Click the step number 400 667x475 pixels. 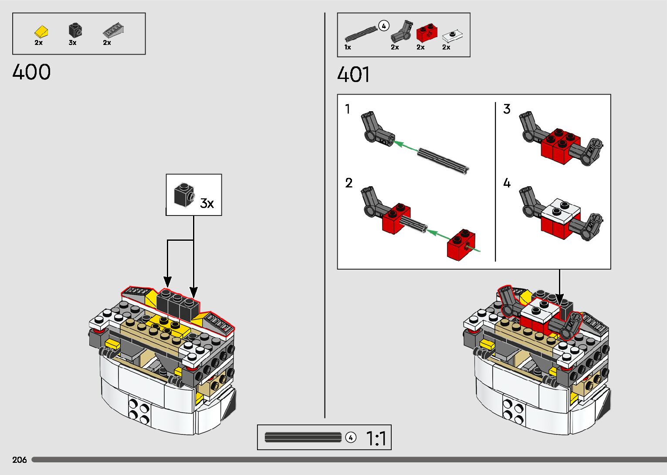[31, 72]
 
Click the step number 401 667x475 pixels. [353, 74]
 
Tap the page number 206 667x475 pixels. [20, 460]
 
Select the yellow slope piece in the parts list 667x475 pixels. [41, 31]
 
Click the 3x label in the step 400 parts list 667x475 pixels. [72, 43]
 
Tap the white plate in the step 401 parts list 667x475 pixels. [452, 36]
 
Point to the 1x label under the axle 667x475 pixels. [348, 47]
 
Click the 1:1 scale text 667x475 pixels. [376, 438]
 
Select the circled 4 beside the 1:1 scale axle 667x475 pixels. [351, 437]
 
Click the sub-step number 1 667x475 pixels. [347, 109]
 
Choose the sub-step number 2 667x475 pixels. [349, 183]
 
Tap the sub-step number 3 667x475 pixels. [507, 109]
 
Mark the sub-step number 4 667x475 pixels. [507, 183]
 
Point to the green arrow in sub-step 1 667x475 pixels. [406, 146]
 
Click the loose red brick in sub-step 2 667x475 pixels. [461, 245]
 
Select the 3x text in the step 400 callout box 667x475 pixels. [207, 203]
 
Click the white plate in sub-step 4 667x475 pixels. [562, 210]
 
